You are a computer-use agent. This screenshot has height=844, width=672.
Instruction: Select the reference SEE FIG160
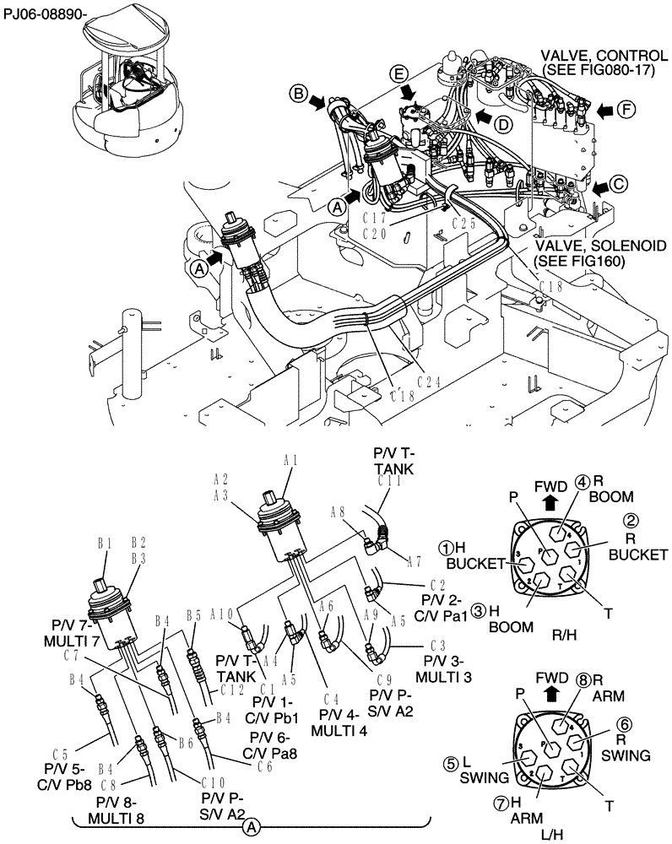pyautogui.click(x=582, y=261)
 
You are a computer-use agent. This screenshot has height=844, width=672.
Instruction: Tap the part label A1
pyautogui.click(x=290, y=460)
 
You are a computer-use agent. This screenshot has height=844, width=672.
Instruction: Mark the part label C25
pyautogui.click(x=465, y=224)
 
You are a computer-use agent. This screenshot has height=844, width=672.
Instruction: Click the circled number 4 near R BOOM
pyautogui.click(x=582, y=482)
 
